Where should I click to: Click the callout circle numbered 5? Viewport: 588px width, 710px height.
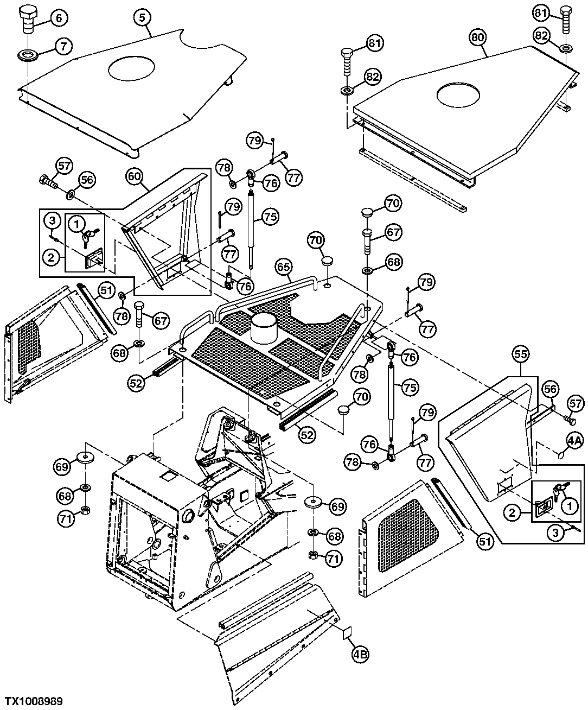143,17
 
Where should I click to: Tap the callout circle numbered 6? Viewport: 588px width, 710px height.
59,18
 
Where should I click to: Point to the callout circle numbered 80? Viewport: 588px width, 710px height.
478,37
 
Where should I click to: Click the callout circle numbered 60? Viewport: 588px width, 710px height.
135,176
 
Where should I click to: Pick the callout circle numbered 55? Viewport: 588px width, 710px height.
521,354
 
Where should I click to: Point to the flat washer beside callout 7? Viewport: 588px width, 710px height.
27,54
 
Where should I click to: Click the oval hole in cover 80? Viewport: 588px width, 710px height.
458,94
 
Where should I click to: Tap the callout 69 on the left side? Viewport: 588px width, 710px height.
62,466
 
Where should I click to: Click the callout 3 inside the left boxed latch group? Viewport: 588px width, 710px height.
52,220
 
